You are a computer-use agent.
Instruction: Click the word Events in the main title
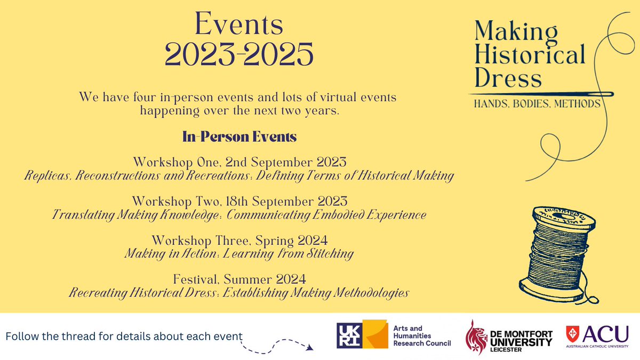tap(238, 25)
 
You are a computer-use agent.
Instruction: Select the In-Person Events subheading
tap(239, 137)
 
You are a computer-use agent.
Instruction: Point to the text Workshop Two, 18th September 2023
tap(239, 202)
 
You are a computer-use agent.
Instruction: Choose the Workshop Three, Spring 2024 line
tap(239, 241)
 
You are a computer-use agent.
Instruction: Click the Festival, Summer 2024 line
tap(239, 279)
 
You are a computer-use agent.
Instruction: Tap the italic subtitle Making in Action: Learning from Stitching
tap(239, 254)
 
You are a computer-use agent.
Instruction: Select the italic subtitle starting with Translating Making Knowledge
tap(239, 215)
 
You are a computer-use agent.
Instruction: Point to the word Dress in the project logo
tap(507, 78)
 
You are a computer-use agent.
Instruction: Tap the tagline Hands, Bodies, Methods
tap(538, 103)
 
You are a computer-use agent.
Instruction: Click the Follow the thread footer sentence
tap(124, 337)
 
